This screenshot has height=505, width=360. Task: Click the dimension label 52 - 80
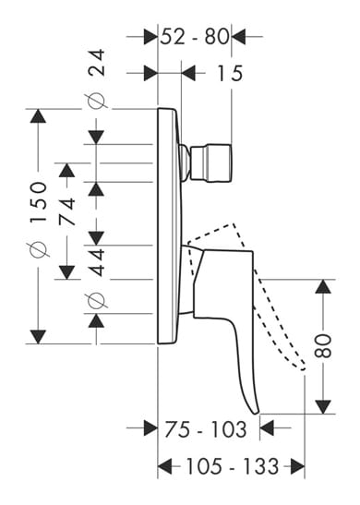[x=195, y=36]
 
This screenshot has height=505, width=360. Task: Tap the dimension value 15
[x=230, y=73]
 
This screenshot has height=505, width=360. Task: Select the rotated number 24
[x=97, y=62]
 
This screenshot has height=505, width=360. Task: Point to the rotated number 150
[x=39, y=202]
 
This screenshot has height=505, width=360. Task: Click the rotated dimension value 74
[x=67, y=211]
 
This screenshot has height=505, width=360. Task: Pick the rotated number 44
[x=97, y=262]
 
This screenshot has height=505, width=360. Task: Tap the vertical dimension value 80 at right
[x=323, y=346]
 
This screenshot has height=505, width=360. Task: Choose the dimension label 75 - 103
[x=206, y=429]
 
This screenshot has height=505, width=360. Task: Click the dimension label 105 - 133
[x=233, y=465]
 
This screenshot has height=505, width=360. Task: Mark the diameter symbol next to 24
[x=96, y=101]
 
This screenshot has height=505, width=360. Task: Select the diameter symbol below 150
[x=39, y=249]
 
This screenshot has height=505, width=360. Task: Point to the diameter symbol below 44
[x=96, y=301]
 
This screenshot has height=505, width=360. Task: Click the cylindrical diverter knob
[x=211, y=162]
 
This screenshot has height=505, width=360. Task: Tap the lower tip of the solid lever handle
[x=256, y=414]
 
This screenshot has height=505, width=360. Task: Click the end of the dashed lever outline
[x=303, y=368]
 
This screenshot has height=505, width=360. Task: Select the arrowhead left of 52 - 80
[x=150, y=36]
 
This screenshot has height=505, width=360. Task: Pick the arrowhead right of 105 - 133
[x=297, y=466]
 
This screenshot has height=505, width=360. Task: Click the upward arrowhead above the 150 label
[x=38, y=116]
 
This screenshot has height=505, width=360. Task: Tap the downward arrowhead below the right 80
[x=323, y=407]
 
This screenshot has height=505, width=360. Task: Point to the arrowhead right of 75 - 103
[x=267, y=428]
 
